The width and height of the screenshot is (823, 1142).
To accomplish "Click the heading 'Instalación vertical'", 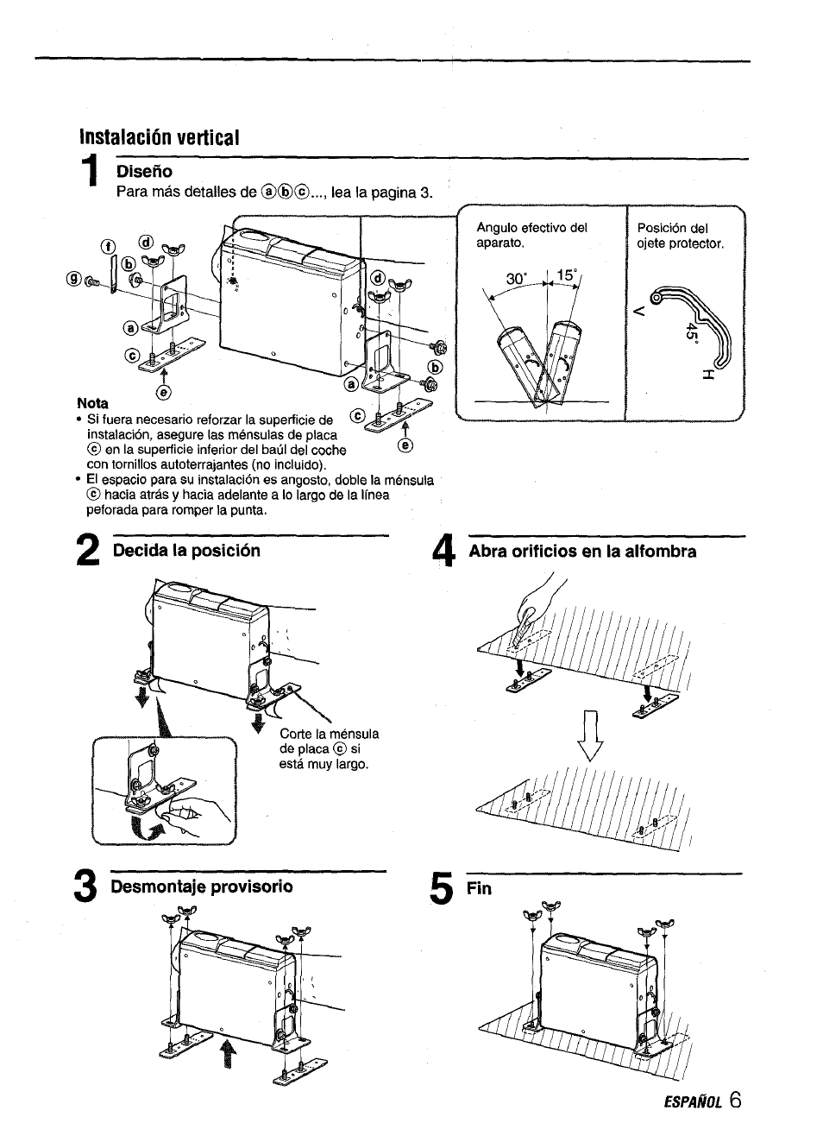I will click(158, 137).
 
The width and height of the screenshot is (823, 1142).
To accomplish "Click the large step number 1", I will click(92, 184).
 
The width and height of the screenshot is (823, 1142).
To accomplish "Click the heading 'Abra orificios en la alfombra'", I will click(582, 552).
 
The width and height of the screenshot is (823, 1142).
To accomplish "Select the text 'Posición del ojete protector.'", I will click(681, 236).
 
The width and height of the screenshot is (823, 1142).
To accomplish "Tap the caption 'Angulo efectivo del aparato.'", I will click(531, 236).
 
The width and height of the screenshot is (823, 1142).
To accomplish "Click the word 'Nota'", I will click(92, 403).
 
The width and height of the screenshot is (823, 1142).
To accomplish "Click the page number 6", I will click(733, 1100).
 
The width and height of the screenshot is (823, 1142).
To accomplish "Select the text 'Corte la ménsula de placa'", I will click(328, 741).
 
